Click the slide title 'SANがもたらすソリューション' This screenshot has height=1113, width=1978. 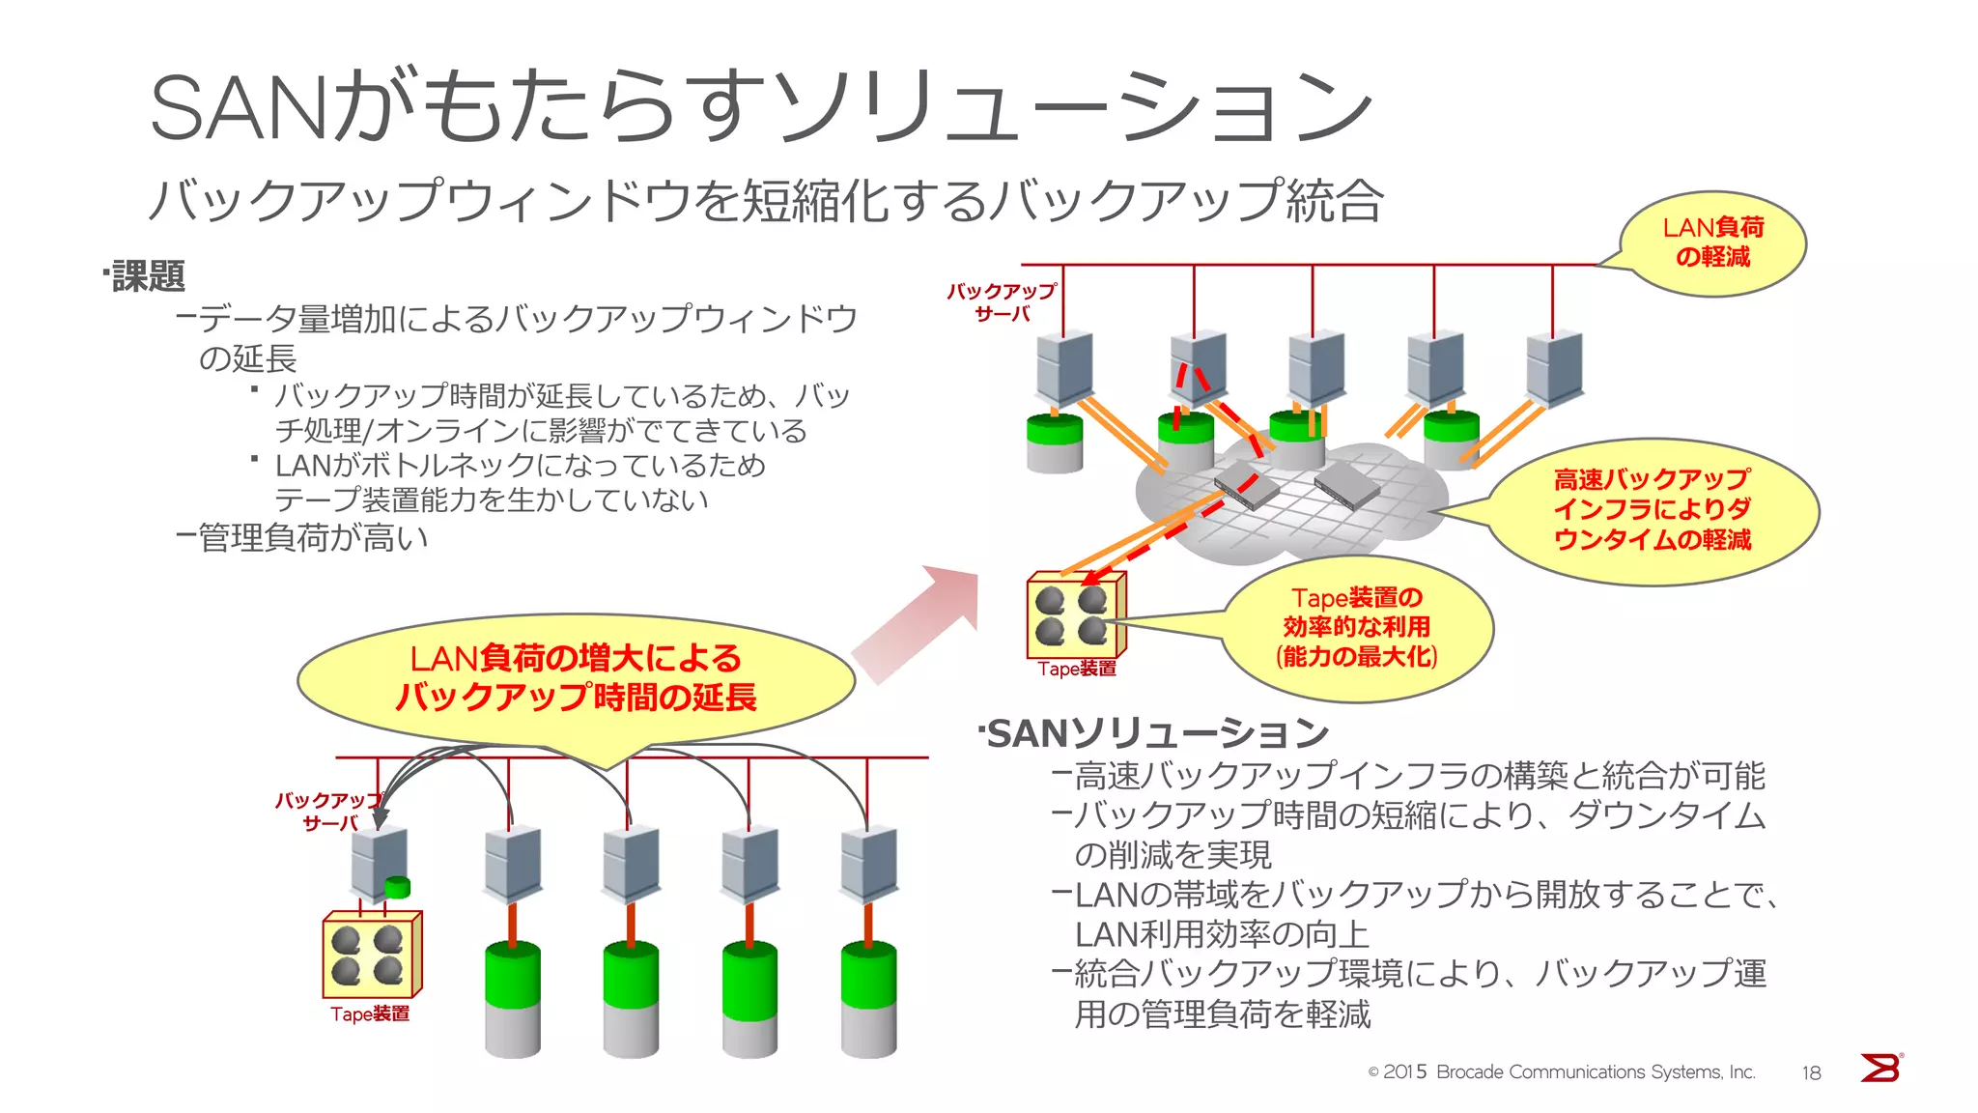[x=760, y=106]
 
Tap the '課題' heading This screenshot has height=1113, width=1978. [x=148, y=276]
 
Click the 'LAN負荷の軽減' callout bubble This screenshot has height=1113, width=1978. [x=1712, y=243]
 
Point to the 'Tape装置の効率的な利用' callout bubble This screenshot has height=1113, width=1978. [x=1357, y=628]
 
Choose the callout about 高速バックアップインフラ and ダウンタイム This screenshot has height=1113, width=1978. [x=1652, y=510]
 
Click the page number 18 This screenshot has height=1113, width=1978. [x=1811, y=1072]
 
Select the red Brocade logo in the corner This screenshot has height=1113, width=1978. [x=1880, y=1068]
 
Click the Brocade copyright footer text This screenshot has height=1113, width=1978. [x=1561, y=1072]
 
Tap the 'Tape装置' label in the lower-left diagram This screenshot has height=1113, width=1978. [x=370, y=1014]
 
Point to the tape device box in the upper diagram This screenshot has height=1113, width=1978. [x=1075, y=615]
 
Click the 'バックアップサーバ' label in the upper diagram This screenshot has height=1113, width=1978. [x=1002, y=302]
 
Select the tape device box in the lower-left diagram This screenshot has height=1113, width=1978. [x=372, y=955]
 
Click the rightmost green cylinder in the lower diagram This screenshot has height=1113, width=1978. [x=868, y=1000]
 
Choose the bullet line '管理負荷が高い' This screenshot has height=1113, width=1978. [x=302, y=537]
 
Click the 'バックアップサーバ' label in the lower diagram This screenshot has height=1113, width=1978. [x=329, y=812]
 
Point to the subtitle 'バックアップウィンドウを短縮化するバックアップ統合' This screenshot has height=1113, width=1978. [x=766, y=201]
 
